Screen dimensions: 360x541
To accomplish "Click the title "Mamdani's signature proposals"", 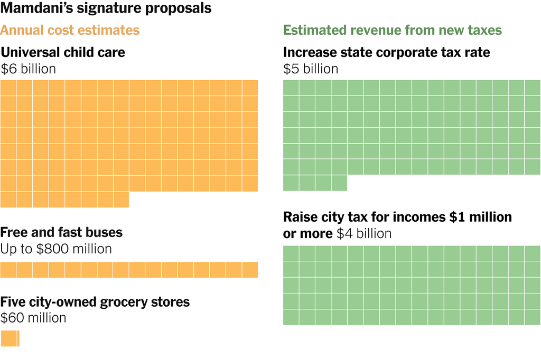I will coord(106,9).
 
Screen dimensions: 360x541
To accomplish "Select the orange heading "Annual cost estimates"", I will coord(70,30).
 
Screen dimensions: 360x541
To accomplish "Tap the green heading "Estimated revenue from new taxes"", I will coord(393,30).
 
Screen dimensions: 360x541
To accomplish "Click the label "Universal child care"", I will coord(63,52).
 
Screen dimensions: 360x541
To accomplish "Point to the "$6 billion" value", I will coord(28,69).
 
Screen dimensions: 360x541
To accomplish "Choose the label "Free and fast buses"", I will coord(61,232).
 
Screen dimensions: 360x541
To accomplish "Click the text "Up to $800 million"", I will coord(56,249).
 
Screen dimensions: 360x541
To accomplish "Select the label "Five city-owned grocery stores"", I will coord(95,302).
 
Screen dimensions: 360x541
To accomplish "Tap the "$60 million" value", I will coord(33,318).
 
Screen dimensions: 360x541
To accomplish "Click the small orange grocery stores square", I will coord(10,338).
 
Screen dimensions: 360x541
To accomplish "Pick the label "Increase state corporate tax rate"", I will coord(387,52).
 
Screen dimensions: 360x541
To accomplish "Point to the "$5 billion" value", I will coord(311,69).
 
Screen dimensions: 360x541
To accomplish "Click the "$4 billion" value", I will coord(364,233).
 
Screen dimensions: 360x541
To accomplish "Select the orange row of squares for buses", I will coord(129,270).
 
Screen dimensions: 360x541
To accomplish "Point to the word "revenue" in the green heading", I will coord(376,30).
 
